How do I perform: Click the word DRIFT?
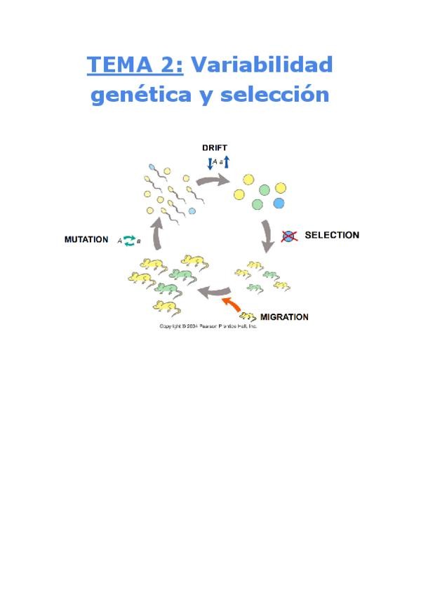215,147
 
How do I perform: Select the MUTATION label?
86,239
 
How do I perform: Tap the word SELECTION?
331,235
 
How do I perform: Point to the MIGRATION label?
284,317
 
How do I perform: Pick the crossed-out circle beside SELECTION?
288,236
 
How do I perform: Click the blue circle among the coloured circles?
279,203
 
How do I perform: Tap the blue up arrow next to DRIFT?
227,163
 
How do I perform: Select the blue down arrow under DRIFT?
209,163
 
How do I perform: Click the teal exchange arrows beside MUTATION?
128,241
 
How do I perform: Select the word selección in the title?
275,95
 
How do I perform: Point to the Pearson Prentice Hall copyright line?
208,326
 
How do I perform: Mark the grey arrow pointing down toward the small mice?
267,236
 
